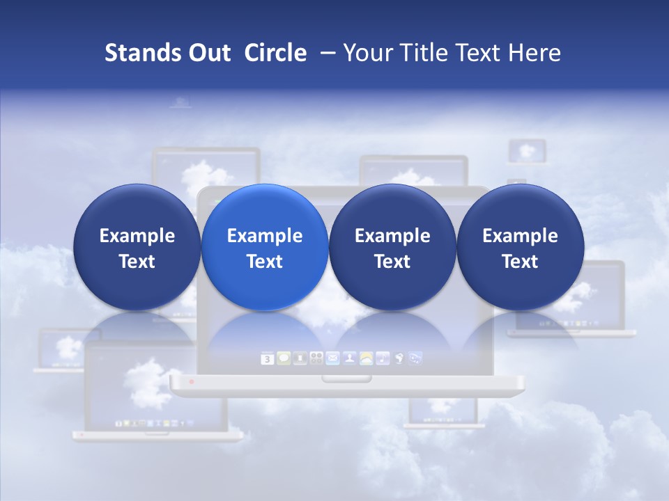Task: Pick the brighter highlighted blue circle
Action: [265, 247]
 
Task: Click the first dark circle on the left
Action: [137, 247]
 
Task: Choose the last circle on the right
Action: [520, 247]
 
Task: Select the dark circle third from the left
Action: [392, 247]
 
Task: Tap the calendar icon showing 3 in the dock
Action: [267, 359]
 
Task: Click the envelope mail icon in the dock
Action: [332, 359]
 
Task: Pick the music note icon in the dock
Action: [382, 359]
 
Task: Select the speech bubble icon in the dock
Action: [284, 358]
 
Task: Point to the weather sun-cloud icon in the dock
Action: [365, 359]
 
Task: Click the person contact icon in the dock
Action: [348, 359]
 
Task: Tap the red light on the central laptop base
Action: [192, 382]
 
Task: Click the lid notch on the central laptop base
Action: [346, 379]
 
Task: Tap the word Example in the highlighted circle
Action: [265, 236]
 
